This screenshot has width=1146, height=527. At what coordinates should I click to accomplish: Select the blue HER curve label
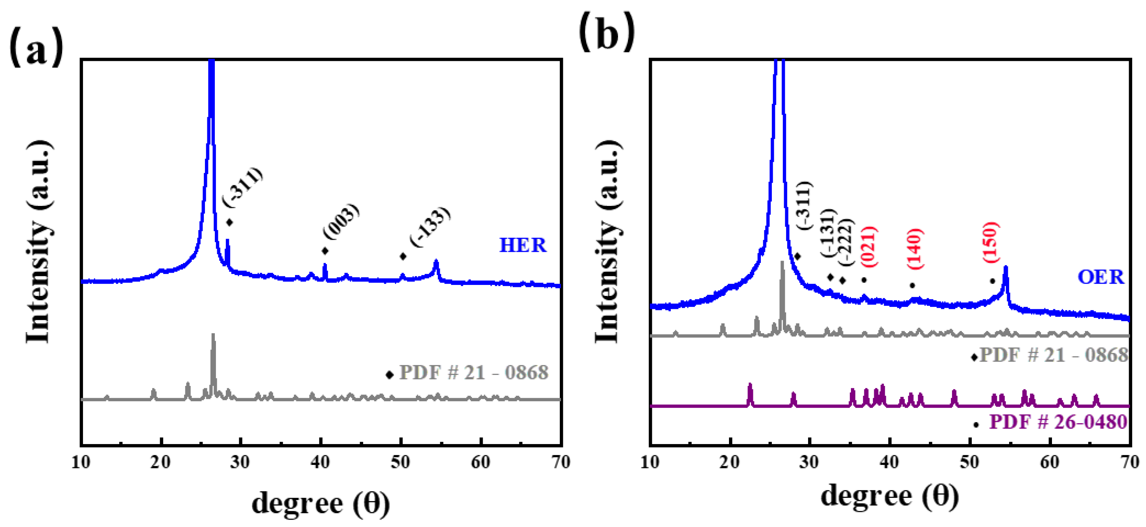point(522,245)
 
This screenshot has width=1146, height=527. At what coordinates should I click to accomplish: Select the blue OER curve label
point(1100,277)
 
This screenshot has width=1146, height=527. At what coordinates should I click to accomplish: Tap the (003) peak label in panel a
point(341,221)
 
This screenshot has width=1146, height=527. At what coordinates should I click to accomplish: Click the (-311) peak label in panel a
point(243,187)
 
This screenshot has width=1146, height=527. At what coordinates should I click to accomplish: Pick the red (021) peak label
point(869,247)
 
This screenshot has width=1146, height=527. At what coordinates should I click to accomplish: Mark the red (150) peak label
point(991,242)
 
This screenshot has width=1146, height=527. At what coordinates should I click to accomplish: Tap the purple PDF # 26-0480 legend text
point(1058,422)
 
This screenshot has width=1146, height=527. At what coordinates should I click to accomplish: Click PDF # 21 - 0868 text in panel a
point(473,373)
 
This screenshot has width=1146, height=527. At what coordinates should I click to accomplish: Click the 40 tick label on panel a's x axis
point(320,462)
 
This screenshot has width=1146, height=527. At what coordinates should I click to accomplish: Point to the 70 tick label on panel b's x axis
point(1129,462)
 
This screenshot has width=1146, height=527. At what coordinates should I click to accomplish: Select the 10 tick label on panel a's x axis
point(81,462)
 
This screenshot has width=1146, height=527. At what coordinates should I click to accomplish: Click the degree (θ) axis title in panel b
point(890,496)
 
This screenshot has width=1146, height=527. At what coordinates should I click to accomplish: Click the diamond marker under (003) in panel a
point(325,251)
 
